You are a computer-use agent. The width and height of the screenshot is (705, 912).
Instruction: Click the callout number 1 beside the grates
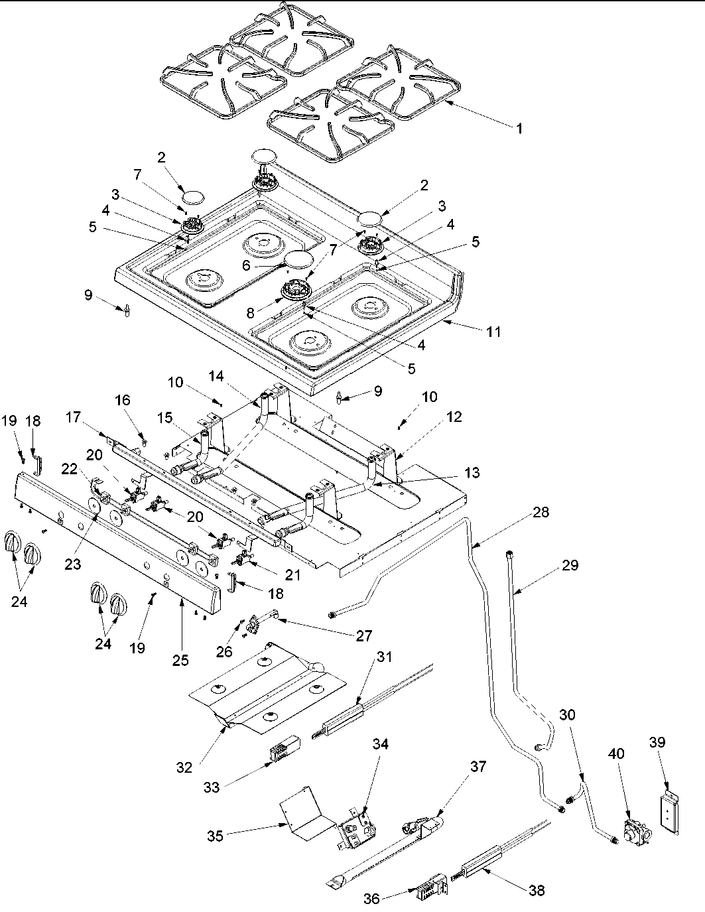(x=519, y=129)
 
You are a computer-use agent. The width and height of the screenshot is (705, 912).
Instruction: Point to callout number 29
(x=569, y=565)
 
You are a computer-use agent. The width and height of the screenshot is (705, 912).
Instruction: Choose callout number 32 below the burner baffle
(x=185, y=767)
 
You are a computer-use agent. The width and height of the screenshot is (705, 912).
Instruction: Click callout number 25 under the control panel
(x=180, y=660)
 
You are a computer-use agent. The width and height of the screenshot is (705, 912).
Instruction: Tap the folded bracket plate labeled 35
(x=303, y=814)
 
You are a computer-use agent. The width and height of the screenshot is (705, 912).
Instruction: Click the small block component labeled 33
(x=283, y=752)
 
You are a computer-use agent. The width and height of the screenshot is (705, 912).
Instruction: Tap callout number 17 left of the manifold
(x=74, y=418)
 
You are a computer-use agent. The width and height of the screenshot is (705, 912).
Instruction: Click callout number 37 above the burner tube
(x=478, y=767)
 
